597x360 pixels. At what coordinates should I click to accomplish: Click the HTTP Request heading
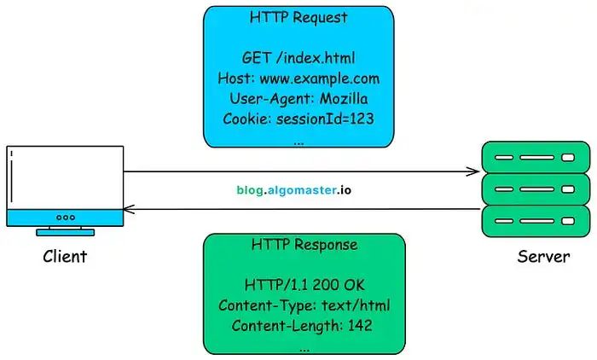(x=298, y=18)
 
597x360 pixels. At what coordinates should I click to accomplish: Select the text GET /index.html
(x=298, y=58)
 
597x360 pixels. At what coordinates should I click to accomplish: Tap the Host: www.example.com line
(x=298, y=78)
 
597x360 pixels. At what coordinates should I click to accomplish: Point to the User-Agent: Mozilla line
(x=298, y=99)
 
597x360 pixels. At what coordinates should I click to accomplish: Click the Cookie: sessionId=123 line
(x=298, y=119)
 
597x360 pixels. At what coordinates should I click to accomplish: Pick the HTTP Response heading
(x=304, y=245)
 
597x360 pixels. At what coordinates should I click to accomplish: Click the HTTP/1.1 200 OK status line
(x=304, y=285)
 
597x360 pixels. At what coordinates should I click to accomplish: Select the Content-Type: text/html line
(x=304, y=305)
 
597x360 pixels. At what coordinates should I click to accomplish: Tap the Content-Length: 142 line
(x=302, y=326)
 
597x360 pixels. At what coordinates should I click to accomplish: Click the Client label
(x=65, y=257)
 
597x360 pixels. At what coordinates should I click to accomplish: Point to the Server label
(x=543, y=257)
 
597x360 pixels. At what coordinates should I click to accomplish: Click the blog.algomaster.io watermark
(x=293, y=190)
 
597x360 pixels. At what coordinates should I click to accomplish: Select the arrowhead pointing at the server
(x=474, y=171)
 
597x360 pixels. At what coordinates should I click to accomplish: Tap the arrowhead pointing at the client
(x=129, y=209)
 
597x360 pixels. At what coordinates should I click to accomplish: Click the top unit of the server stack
(x=536, y=157)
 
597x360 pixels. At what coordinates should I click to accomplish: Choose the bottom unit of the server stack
(x=536, y=221)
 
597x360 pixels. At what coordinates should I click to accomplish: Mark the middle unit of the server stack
(x=536, y=189)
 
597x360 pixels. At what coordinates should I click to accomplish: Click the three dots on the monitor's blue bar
(x=66, y=218)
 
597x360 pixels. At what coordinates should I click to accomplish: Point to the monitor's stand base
(x=65, y=232)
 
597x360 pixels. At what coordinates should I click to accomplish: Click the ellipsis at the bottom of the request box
(x=298, y=144)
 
